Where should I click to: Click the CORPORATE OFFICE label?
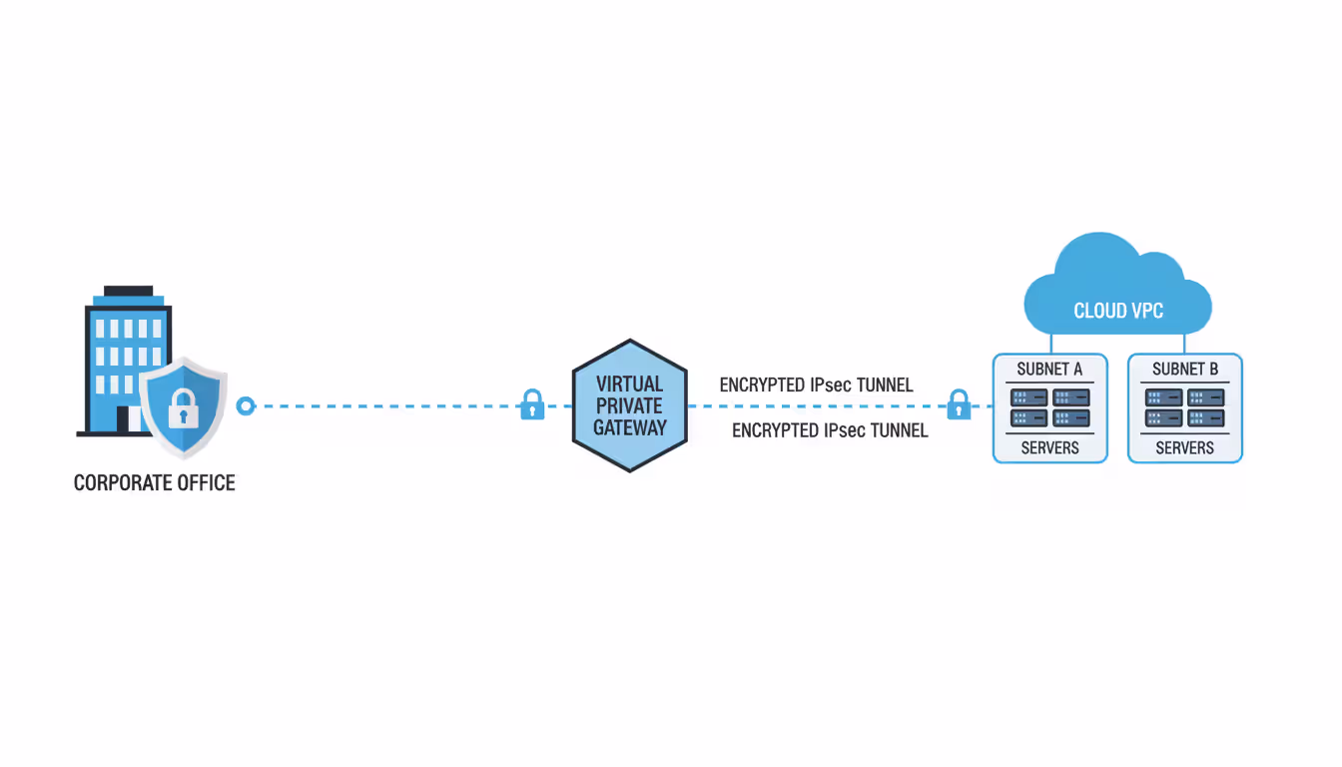coord(155,483)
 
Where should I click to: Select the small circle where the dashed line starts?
coord(246,406)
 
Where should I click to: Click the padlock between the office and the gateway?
coord(533,405)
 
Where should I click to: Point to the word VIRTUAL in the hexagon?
coord(629,383)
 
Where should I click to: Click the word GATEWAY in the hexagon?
coord(629,427)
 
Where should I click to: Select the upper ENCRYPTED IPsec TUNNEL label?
coord(816,385)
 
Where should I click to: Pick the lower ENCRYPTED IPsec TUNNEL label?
coord(830,430)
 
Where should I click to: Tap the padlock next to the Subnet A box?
coord(959,405)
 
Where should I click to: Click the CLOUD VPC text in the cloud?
coord(1118,311)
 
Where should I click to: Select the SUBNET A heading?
coord(1049,370)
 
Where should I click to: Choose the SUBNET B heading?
coord(1185,370)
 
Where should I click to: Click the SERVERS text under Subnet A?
coord(1049,448)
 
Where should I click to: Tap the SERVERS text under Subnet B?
coord(1184,448)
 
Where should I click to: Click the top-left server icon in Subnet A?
coord(1029,397)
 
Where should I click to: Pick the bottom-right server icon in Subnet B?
coord(1205,418)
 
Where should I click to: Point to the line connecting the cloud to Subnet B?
coord(1185,343)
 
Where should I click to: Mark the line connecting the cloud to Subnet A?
coord(1049,343)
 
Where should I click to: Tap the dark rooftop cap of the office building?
coord(129,291)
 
